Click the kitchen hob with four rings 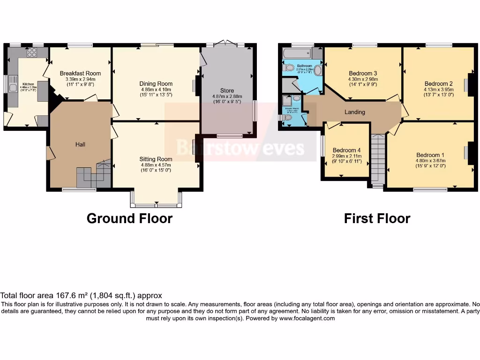coord(32,52)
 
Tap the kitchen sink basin coord(13,88)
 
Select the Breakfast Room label coord(80,73)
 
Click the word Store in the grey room coord(227,90)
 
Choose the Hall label coord(81,144)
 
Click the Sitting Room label coord(156,159)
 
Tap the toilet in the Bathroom coord(287,67)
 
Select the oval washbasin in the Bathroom coord(318,70)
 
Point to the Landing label coord(355,112)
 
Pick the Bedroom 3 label coord(363,74)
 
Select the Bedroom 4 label coord(347,150)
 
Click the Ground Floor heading coord(129,218)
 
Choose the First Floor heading coord(377,218)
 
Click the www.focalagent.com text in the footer coord(307,318)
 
